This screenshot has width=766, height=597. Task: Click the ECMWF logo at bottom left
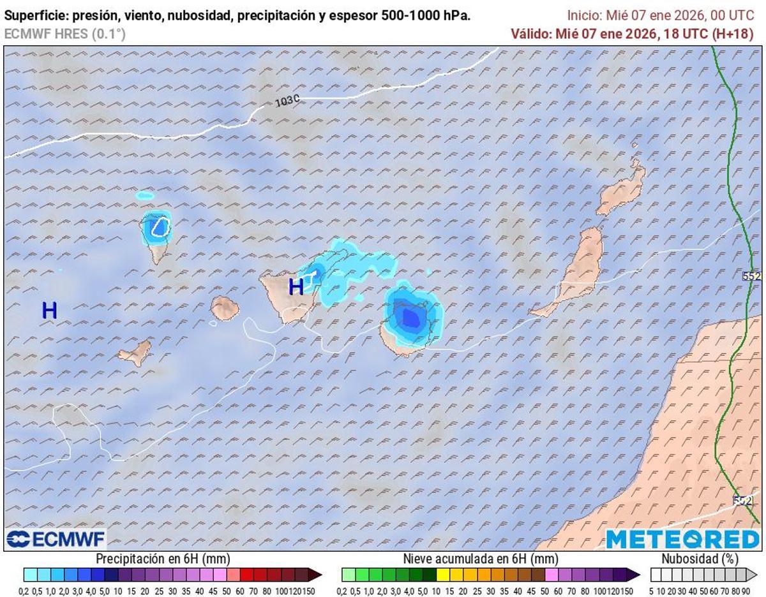56,540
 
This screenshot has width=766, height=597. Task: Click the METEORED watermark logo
682,540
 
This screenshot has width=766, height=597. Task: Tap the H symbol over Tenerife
296,287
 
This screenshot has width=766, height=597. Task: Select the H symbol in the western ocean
49,311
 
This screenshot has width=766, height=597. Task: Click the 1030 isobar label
287,101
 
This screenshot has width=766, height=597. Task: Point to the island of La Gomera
225,308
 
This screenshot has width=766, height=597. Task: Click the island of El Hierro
136,353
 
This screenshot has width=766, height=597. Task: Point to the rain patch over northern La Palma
156,228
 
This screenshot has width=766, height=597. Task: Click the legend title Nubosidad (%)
700,559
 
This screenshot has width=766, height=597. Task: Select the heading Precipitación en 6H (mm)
162,559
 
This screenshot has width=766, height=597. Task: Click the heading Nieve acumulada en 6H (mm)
480,559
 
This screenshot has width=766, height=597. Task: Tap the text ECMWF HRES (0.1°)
65,34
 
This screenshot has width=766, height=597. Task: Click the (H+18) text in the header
733,34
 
